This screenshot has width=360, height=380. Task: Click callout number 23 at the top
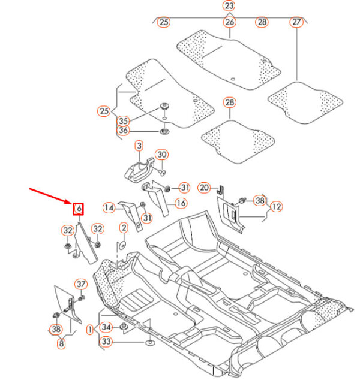pos(229,5)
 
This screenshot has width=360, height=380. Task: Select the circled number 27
pos(296,22)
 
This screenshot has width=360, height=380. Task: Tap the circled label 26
pos(229,22)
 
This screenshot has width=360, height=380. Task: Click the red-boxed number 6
pos(79,209)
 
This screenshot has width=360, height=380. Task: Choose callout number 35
pos(123,120)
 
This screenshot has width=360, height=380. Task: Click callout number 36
pos(123,131)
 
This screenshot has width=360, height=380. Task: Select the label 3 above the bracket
pos(139,146)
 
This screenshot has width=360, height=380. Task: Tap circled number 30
pos(162,155)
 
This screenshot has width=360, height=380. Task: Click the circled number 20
pos(204,188)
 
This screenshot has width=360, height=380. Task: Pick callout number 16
pos(181,203)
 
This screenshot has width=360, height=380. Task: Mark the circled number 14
pos(109,208)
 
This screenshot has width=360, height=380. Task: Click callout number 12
pos(277,207)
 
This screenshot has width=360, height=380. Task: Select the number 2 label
pos(124,228)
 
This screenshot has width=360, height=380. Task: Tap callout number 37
pos(81,284)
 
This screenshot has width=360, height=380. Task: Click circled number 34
pos(106,327)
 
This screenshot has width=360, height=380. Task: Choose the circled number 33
pos(106,342)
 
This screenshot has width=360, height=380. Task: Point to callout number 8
pos(61,343)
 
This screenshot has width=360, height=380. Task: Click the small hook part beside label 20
pos(221,190)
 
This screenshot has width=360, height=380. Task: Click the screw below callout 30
pos(162,172)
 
